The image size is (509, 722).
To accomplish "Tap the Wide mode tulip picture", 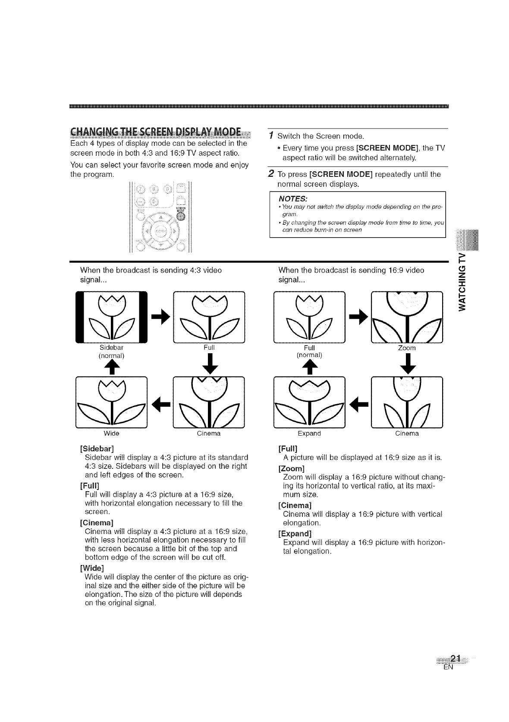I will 111,402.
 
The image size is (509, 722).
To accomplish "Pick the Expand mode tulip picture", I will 309,402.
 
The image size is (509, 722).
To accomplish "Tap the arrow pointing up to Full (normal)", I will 309,367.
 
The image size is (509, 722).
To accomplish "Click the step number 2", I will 270,174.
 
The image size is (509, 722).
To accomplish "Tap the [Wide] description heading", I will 92,568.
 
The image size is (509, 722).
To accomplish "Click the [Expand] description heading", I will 295,533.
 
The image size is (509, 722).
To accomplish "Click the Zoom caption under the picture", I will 407,348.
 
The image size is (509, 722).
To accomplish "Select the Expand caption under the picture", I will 309,433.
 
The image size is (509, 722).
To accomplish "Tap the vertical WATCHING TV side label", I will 463,282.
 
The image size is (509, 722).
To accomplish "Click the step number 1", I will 270,136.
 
